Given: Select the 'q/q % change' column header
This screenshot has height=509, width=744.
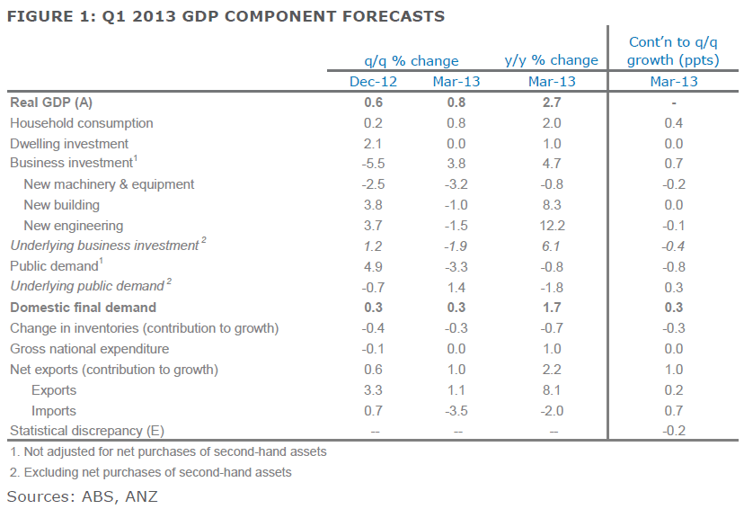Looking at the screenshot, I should pos(411,61).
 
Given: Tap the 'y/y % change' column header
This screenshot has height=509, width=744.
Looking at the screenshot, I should pos(552,60).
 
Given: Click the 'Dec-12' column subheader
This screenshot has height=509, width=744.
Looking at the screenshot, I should pos(373,82).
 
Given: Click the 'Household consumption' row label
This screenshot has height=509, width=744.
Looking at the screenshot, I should pos(82,123).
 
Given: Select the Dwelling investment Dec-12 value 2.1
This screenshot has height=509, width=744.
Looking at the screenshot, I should pos(374,144).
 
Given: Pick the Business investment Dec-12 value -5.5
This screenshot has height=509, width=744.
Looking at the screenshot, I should pos(374,164).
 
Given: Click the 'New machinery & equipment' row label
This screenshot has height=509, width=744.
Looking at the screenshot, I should pos(109,184).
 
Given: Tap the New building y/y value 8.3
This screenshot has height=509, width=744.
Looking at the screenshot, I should pos(552,205).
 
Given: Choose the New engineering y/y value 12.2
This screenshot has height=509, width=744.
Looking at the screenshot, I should pos(552,226).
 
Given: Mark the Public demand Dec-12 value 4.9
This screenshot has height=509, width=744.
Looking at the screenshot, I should pos(374,266).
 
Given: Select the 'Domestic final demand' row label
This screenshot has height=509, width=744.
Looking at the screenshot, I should pos(83,308).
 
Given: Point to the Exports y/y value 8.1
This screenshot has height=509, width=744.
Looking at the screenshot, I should pos(552,390).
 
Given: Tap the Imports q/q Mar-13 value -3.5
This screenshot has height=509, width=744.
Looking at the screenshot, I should pos(456,411).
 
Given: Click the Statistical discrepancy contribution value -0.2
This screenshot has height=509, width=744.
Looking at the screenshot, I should pos(673,431).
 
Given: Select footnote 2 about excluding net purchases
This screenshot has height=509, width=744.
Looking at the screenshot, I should pos(151,472).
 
